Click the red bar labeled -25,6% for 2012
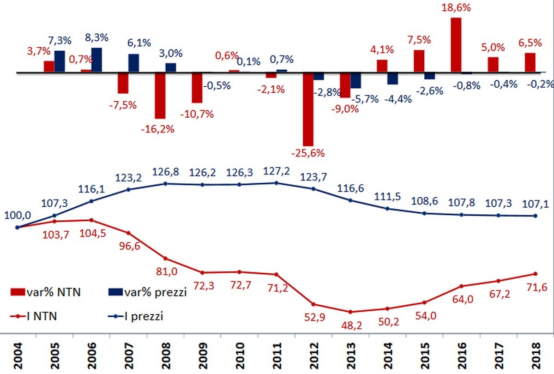click(x=308, y=109)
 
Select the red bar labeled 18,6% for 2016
click(x=456, y=45)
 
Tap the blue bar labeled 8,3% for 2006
click(x=97, y=60)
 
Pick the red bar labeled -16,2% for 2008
click(x=160, y=95)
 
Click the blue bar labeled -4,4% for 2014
click(x=393, y=78)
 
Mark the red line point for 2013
click(x=350, y=312)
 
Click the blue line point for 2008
click(x=165, y=183)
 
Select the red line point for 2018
click(x=536, y=273)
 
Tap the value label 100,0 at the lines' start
click(x=17, y=216)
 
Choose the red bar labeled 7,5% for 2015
click(x=419, y=61)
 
